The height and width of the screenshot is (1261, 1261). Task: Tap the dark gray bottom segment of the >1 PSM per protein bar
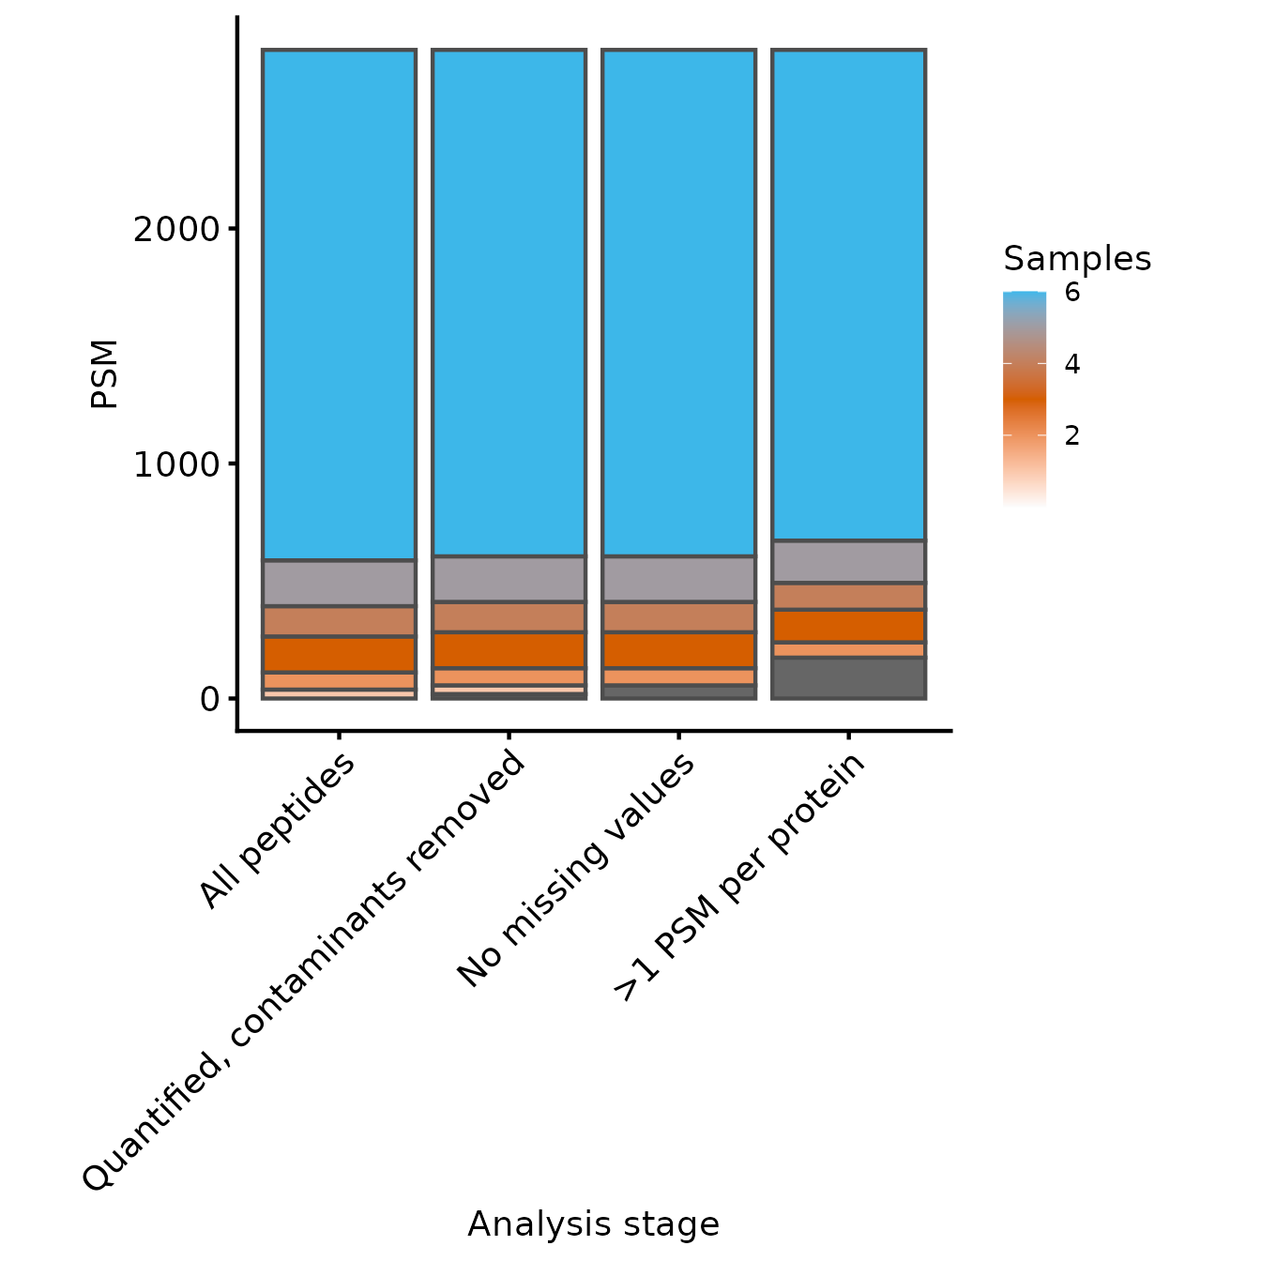click(848, 677)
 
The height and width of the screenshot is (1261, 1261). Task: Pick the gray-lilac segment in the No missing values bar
click(678, 579)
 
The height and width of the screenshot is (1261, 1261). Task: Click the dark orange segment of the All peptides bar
click(339, 654)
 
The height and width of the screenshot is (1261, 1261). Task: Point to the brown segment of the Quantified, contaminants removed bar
click(509, 616)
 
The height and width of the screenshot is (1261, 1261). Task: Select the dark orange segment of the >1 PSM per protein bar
click(848, 626)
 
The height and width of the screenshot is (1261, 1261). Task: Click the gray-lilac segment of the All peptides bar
click(339, 584)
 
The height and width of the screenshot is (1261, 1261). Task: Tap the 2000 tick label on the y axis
click(175, 229)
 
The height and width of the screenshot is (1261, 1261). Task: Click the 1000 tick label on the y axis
click(175, 464)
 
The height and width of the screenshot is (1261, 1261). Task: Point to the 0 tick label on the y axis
click(209, 699)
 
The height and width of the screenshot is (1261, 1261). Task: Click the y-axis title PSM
click(104, 373)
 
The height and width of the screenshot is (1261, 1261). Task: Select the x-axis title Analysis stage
click(593, 1224)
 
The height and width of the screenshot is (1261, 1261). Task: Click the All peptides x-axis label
click(279, 831)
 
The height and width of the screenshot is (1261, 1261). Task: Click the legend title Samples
click(1077, 258)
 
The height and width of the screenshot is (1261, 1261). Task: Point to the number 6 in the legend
click(1071, 293)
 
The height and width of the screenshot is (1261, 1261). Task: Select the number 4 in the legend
click(1071, 364)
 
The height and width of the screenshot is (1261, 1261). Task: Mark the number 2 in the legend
click(1071, 435)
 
